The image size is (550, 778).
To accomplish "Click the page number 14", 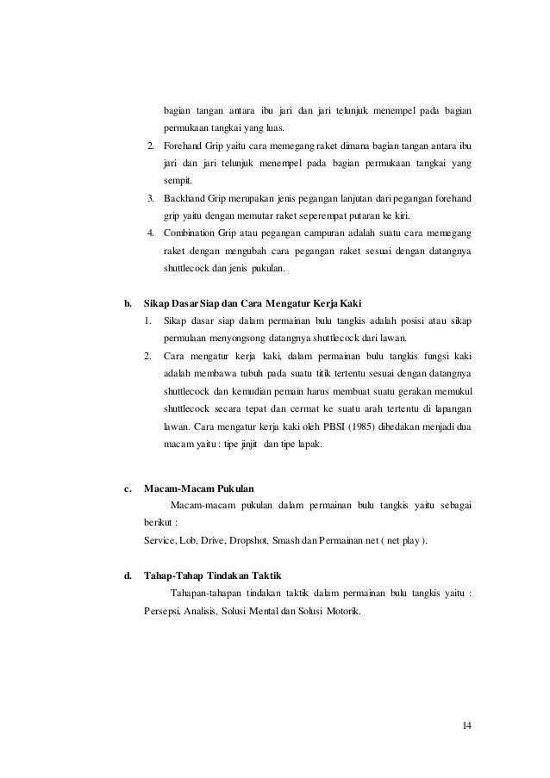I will (x=466, y=723).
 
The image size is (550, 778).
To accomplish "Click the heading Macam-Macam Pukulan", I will (x=194, y=488).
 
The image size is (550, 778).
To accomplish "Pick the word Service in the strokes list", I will (x=160, y=540).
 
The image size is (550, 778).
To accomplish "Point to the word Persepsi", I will (x=161, y=612).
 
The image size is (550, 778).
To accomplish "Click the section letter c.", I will (x=128, y=488).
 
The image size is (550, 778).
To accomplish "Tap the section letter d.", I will (x=128, y=575).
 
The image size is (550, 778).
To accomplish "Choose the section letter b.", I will (x=128, y=302).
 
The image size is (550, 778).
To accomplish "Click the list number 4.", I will (x=151, y=233).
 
